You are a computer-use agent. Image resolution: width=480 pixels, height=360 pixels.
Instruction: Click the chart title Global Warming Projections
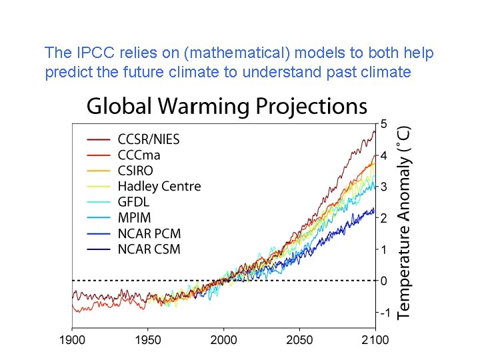point(227,107)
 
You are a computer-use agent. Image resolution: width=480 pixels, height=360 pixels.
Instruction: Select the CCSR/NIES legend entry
point(148,139)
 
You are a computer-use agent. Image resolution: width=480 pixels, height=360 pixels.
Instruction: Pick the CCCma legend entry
point(139,155)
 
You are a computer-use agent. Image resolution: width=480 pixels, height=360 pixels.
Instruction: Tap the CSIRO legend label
point(135,171)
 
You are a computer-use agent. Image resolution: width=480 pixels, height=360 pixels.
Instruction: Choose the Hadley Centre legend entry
point(159,186)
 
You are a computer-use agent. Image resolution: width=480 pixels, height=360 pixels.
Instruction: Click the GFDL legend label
point(133,202)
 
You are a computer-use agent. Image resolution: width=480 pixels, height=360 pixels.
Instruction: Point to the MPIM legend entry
point(134,217)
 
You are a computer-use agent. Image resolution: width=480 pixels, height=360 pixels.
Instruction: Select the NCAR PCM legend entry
point(149,233)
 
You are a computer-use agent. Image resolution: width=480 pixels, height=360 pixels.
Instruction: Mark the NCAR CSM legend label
point(149,249)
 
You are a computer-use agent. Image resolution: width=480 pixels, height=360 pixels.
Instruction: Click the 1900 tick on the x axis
point(73,340)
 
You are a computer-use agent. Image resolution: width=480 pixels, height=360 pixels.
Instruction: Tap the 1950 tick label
point(148,340)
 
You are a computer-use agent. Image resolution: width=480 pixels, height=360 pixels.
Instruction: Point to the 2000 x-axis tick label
point(224,340)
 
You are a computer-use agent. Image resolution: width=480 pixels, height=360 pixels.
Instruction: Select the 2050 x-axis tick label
point(299,340)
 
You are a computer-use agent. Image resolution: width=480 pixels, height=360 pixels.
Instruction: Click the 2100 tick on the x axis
point(375,340)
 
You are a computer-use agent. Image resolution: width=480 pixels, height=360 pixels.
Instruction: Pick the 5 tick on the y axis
point(384,123)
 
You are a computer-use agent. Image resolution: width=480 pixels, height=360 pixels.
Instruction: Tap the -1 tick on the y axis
point(384,312)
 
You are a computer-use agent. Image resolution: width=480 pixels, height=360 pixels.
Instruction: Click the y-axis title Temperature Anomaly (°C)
point(404,223)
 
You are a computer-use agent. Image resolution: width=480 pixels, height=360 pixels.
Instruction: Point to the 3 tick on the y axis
point(384,187)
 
